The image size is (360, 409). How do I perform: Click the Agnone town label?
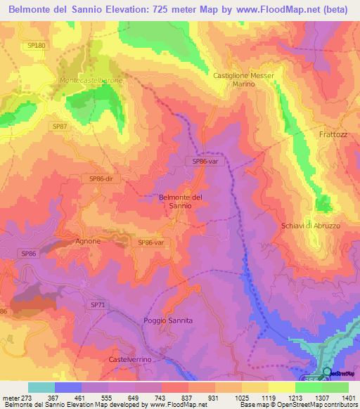88,241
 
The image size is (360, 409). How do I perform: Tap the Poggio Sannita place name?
168,320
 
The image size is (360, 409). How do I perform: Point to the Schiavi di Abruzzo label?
310,226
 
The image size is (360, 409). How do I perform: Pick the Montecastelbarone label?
91,81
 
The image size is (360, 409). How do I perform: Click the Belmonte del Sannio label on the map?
181,202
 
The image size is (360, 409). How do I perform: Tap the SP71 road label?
98,304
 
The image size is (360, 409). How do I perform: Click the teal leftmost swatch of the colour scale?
41,387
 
